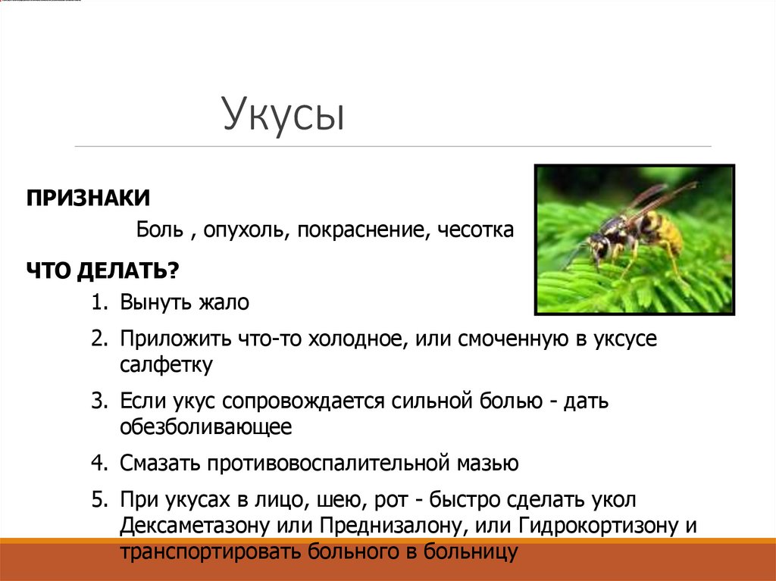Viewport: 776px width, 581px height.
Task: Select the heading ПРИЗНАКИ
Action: point(89,198)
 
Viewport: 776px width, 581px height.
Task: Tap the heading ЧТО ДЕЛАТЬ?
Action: point(103,270)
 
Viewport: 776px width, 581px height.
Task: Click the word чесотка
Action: point(475,230)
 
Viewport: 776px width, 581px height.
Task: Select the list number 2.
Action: point(99,339)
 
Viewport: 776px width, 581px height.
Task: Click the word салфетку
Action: point(166,364)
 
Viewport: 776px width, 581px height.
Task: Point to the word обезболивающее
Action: point(205,427)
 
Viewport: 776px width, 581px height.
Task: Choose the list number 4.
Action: point(99,463)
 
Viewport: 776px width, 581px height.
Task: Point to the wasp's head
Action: point(599,245)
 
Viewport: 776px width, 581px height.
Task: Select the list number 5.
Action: point(99,499)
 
